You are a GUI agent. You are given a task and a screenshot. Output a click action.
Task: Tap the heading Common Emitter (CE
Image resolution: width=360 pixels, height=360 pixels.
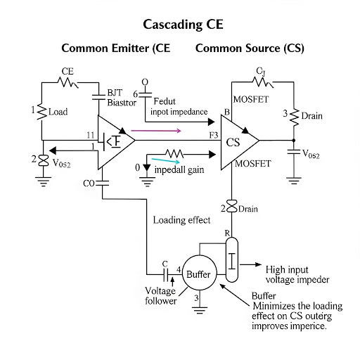pos(116,49)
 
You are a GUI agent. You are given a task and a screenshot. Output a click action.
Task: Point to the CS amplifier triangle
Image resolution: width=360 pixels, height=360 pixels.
pos(238,143)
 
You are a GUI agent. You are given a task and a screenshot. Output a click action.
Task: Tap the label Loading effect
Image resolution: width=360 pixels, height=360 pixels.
pos(181,220)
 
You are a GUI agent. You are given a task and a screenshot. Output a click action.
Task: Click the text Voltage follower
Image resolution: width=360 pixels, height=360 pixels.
pos(160,295)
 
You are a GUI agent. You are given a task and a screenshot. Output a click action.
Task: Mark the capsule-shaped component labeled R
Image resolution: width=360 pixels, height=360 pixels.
pos(231,252)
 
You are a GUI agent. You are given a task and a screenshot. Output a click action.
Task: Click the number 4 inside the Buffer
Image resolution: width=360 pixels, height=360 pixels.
pos(179,269)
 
